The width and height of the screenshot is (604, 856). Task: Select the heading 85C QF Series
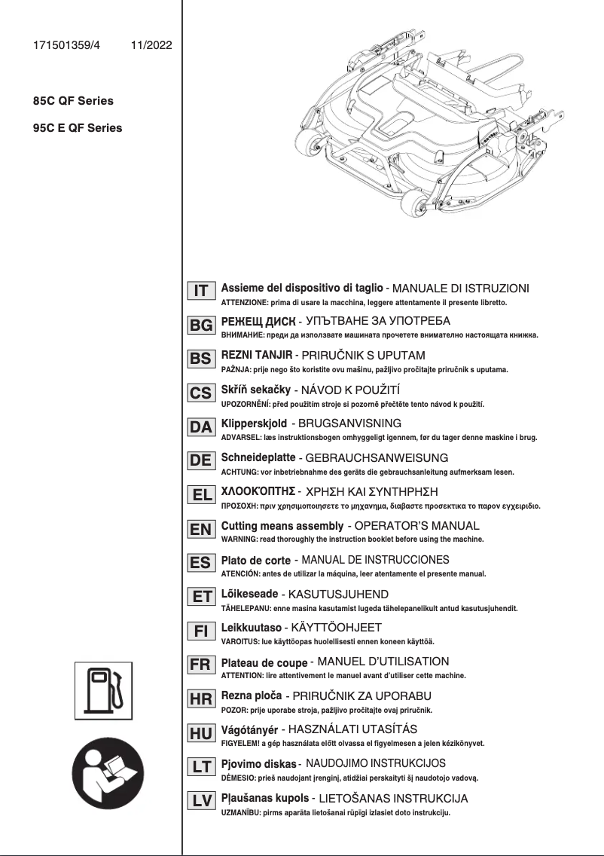pos(69,100)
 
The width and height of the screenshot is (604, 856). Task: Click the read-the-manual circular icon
pos(105,776)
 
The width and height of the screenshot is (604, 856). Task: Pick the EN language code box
pos(201,529)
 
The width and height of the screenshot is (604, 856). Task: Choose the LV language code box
pos(201,802)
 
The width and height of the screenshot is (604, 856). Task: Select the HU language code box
pos(201,733)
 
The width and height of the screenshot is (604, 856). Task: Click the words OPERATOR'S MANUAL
pos(416,525)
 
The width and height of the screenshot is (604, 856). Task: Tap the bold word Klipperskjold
pos(255,423)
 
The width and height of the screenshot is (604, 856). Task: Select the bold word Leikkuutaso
pos(252,627)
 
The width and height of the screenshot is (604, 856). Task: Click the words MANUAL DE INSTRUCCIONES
pos(375,560)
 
